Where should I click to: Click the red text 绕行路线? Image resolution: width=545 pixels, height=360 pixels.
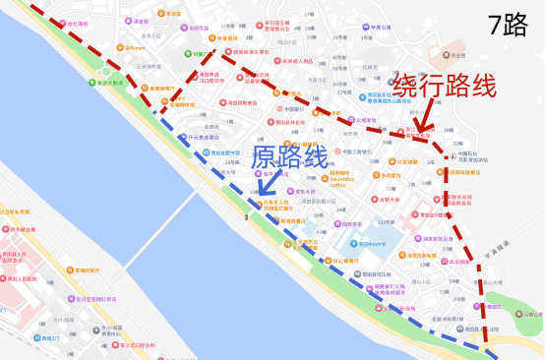click(x=445, y=85)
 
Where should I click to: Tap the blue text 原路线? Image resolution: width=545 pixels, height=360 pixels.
click(x=289, y=156)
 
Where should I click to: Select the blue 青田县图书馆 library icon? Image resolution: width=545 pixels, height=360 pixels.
click(x=206, y=152)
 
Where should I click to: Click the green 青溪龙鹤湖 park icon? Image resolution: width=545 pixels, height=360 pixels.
click(x=93, y=83)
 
